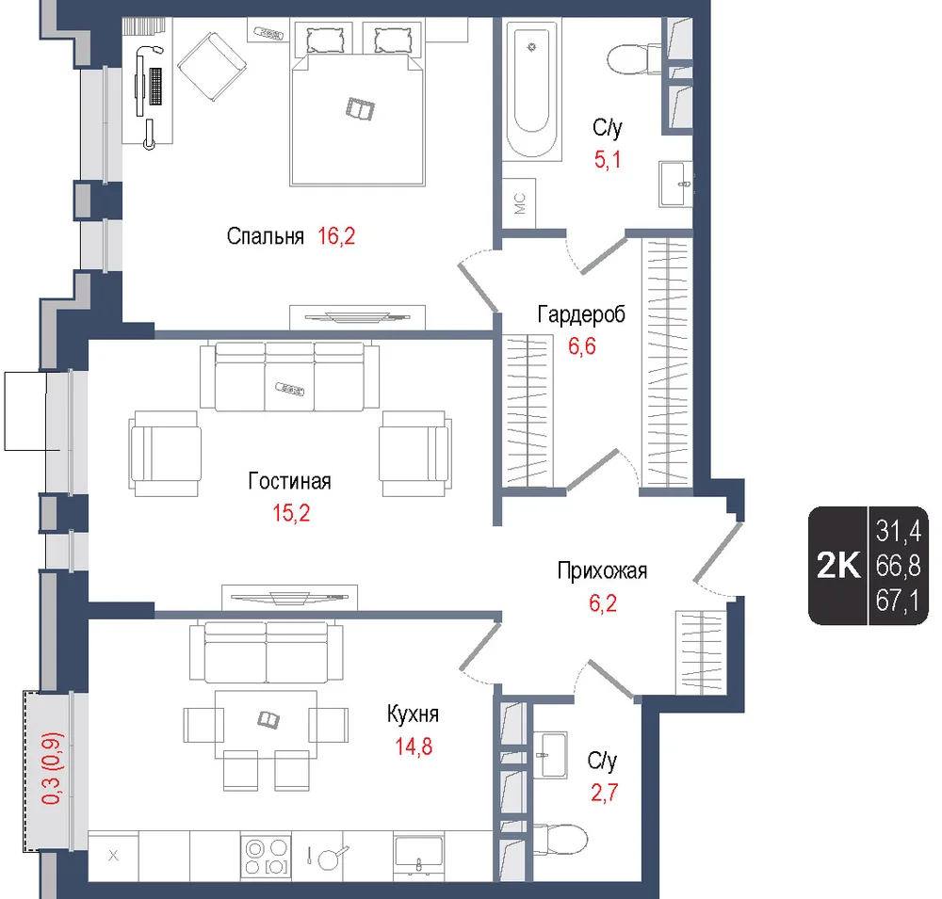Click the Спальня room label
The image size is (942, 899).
tap(265, 236)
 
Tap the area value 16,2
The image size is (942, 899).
tap(336, 236)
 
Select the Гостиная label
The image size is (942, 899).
tap(289, 481)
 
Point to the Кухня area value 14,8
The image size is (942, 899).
tap(414, 746)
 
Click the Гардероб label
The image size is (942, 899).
tap(581, 314)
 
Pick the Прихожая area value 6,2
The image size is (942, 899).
tap(603, 602)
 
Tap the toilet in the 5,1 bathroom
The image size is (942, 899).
tap(634, 59)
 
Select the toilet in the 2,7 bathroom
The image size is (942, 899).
tap(560, 839)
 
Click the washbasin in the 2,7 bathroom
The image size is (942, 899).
tap(550, 755)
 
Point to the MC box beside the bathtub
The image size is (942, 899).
tap(518, 203)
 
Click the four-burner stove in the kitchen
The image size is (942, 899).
tap(267, 857)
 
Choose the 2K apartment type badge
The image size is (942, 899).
tap(838, 565)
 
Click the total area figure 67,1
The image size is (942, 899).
tap(898, 601)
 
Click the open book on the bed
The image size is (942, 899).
tap(361, 108)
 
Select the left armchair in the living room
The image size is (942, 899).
tap(165, 454)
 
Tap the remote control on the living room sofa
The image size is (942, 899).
tap(290, 389)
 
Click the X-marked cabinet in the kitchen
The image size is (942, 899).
tap(113, 856)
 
